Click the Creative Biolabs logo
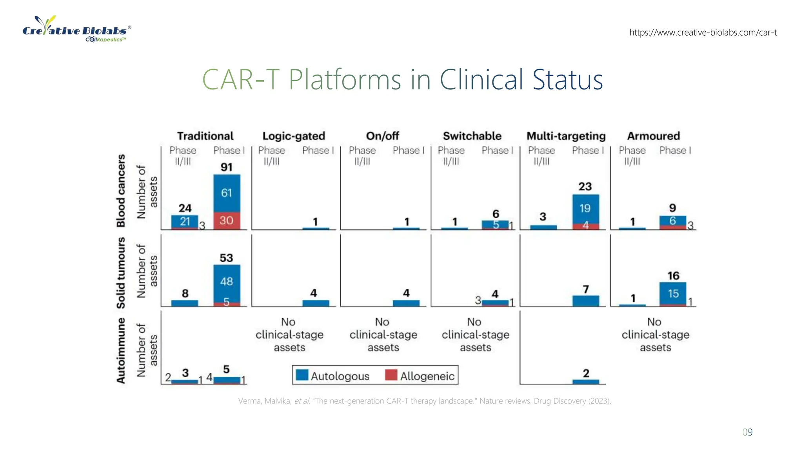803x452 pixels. (x=76, y=29)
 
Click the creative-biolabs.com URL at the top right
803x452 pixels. (x=703, y=33)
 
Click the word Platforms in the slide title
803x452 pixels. (x=345, y=80)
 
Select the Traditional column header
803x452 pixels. (x=205, y=136)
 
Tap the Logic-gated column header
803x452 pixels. (x=294, y=136)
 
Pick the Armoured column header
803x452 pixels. (x=653, y=136)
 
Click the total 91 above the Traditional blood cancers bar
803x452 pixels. (x=227, y=167)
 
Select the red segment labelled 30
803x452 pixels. (x=227, y=221)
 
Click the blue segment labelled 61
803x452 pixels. (x=227, y=193)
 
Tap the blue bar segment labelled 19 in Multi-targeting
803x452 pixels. (x=585, y=208)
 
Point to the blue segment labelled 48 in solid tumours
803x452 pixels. (x=227, y=282)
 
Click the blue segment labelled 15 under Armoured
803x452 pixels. (x=673, y=293)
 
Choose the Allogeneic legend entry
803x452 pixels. (x=420, y=376)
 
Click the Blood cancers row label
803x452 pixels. (x=121, y=190)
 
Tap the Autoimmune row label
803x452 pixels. (x=121, y=350)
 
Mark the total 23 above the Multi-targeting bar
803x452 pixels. (x=585, y=186)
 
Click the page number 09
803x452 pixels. (x=747, y=432)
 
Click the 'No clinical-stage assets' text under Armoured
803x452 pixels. (x=655, y=335)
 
